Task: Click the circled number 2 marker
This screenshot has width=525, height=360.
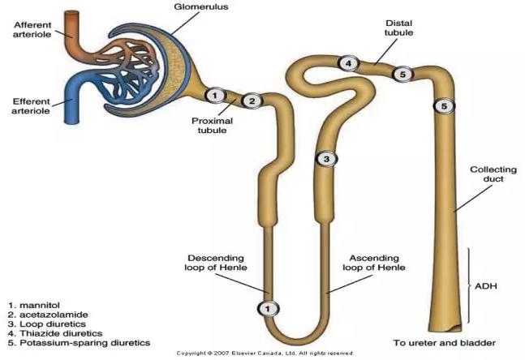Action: click(x=252, y=101)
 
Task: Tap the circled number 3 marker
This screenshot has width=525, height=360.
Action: click(x=325, y=159)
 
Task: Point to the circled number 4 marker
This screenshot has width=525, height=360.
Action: click(x=347, y=63)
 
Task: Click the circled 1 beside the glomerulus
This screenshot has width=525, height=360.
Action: click(x=214, y=96)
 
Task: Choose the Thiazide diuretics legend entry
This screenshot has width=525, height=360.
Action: click(x=48, y=332)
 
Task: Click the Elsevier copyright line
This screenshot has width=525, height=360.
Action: click(x=265, y=354)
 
